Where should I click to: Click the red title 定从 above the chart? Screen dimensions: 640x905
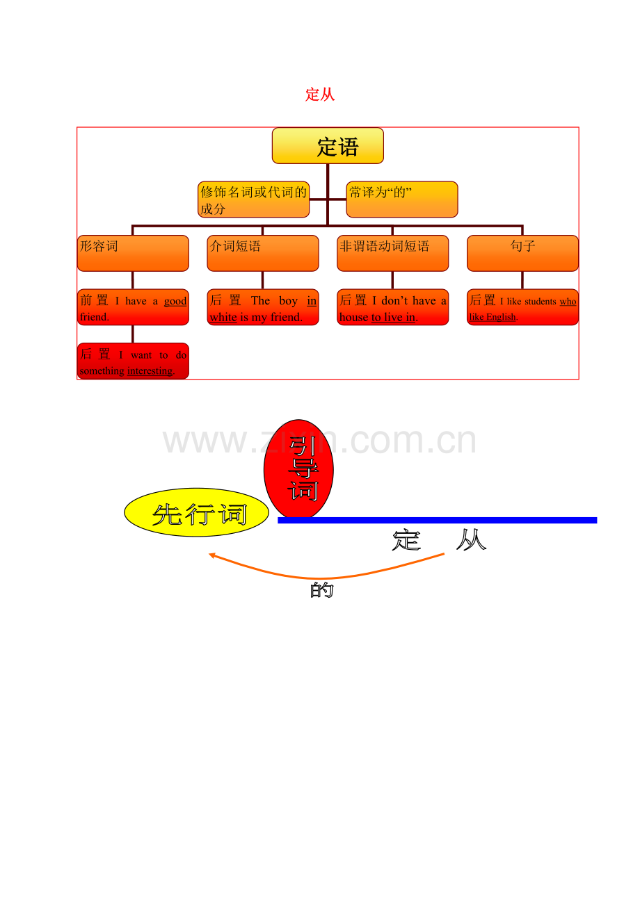coord(320,95)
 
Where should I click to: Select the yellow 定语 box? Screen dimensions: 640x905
coord(328,145)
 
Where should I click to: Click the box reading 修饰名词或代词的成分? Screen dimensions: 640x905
coord(253,199)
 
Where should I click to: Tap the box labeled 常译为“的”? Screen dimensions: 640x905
coord(402,199)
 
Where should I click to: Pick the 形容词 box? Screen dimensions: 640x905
coord(133,253)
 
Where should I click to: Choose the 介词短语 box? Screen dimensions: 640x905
coord(263,253)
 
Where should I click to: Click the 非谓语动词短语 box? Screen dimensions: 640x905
coord(392,253)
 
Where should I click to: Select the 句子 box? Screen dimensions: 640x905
coord(522,253)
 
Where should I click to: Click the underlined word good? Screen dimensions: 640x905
coord(175,302)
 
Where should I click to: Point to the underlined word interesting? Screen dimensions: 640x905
coord(150,371)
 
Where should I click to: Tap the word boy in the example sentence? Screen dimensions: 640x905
coord(288,301)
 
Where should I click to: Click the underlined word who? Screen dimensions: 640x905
coord(568,302)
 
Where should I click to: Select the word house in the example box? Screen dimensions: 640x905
coord(354,318)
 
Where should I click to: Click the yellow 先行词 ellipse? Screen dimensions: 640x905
coord(196,512)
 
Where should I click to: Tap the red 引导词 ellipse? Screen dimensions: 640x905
coord(298,468)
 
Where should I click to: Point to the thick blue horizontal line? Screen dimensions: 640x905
coord(438,521)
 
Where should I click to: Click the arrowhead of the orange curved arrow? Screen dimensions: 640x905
coord(211,555)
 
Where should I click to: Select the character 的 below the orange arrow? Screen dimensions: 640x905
coord(322,590)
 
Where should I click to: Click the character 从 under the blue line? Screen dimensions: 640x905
coord(471,540)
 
